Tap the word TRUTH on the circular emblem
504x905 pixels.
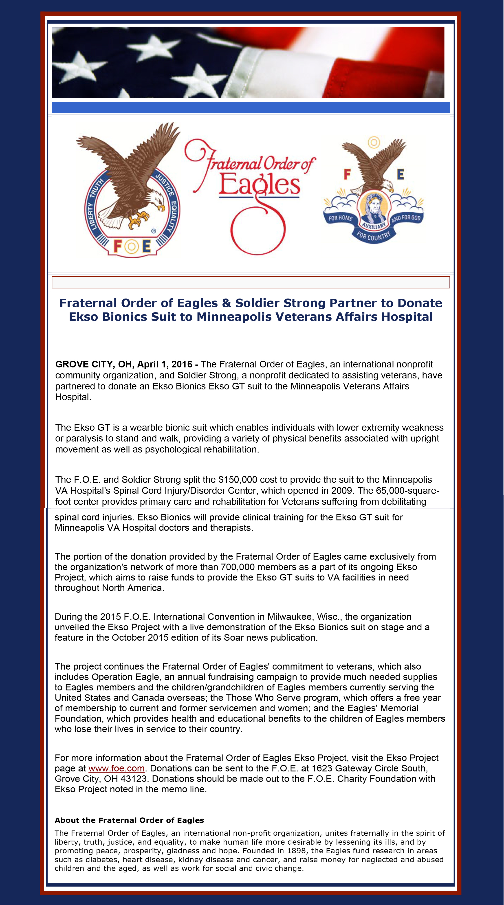[96, 188]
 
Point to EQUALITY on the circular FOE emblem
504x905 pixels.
[173, 216]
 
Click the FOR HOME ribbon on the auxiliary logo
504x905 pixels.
[340, 218]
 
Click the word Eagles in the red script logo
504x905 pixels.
[259, 185]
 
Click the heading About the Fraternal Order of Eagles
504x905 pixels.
[129, 820]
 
